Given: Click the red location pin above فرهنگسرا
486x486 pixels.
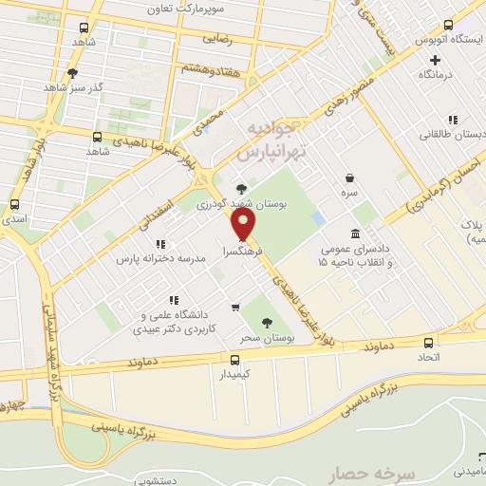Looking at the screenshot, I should pos(245,224).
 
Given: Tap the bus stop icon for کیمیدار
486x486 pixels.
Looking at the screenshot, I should pos(234,359).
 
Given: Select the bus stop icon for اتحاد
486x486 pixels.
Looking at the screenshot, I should pos(429,343).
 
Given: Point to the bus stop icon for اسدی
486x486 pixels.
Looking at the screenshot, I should pos(14,204).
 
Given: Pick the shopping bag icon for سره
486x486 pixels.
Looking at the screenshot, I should pos(350,178).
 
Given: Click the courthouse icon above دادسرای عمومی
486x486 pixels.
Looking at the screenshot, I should pos(355,234).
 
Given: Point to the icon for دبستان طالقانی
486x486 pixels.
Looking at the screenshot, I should pos(454,121).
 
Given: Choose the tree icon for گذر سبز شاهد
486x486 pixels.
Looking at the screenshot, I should pos(72,72).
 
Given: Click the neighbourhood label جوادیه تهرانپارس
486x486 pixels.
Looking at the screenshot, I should pos(267,140).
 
